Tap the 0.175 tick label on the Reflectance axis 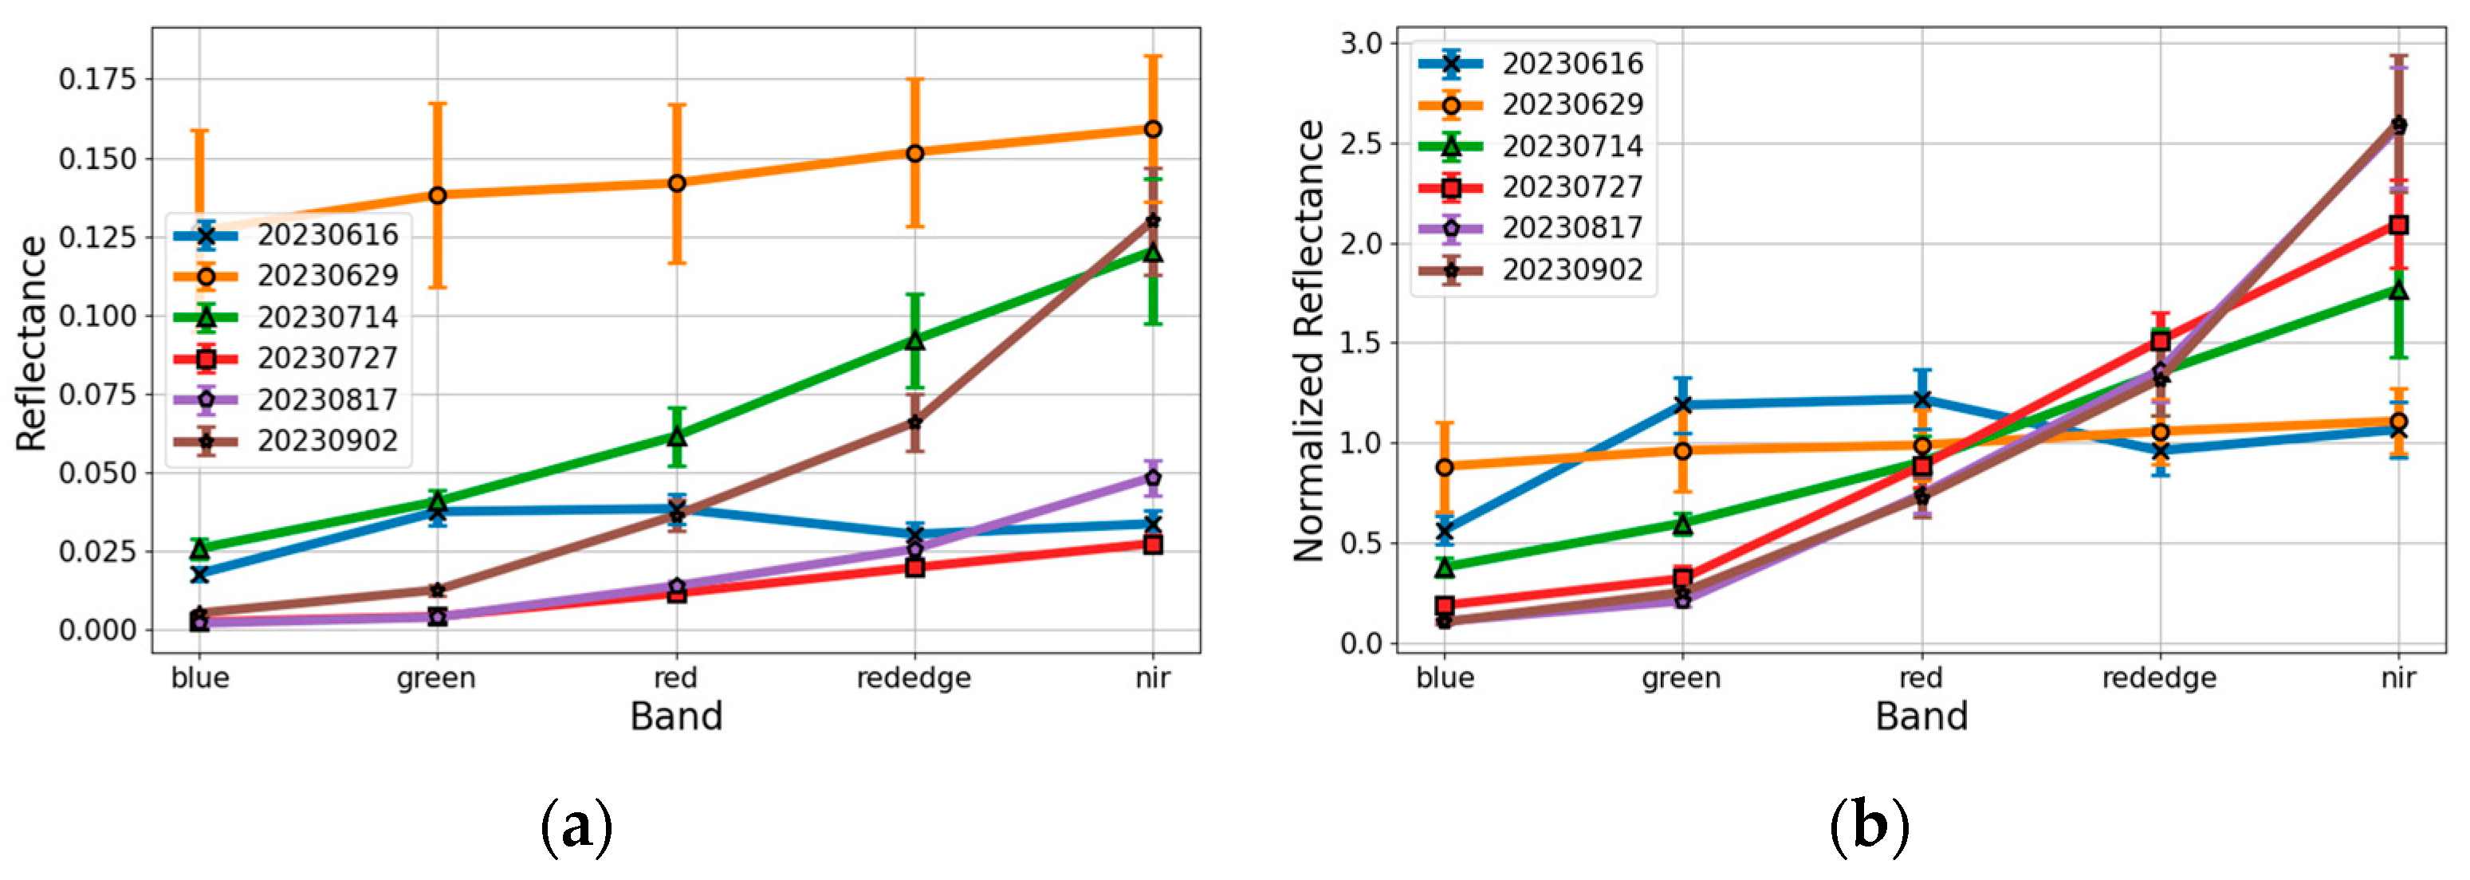coord(98,79)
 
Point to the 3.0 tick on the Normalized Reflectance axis coord(1361,43)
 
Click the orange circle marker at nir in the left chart coord(1153,129)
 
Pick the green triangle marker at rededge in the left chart coord(914,340)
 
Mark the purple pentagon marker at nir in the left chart coord(1153,477)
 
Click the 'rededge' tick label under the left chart coord(913,678)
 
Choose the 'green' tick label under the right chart coord(1681,678)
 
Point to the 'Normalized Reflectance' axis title coord(1309,340)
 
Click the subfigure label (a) coord(576,825)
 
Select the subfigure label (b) coord(1869,825)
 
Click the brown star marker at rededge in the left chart coord(914,422)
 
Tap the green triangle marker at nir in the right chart coord(2398,290)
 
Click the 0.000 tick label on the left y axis coord(98,630)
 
